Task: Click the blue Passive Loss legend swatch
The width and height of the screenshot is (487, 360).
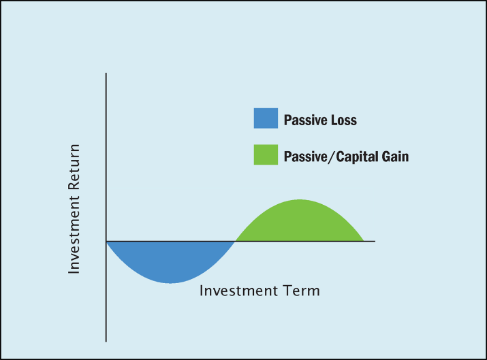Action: pos(266,118)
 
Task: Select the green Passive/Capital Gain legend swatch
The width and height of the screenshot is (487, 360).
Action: pos(266,154)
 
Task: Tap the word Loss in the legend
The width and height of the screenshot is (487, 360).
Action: pos(344,120)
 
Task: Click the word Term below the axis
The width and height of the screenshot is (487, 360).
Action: pos(301,291)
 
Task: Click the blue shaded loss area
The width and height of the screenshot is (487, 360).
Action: pos(170,259)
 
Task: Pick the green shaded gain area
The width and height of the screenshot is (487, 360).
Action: pos(300,222)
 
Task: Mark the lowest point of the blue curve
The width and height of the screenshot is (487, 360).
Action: pos(170,283)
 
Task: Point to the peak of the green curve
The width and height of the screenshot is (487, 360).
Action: pos(300,199)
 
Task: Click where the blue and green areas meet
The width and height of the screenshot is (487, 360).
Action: pos(235,241)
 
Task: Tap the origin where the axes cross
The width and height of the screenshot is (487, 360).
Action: pos(106,241)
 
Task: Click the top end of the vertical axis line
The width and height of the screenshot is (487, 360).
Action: pos(106,73)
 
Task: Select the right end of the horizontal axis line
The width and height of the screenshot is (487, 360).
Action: pos(375,241)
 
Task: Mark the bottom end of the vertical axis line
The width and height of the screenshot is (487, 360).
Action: pos(106,342)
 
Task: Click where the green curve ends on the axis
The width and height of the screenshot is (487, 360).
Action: pos(364,241)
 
